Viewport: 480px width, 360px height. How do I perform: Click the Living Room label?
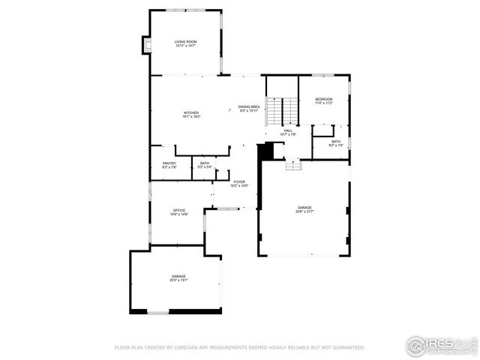coord(185,43)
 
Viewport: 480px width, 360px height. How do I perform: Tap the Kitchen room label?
coord(190,115)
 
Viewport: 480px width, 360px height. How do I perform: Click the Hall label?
coord(288,132)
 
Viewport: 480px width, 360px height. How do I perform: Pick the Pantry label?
coord(169,165)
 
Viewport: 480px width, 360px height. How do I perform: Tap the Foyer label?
coord(239,183)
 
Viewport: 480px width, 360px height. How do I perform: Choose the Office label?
coord(179,212)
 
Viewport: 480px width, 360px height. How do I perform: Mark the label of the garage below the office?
coord(178,278)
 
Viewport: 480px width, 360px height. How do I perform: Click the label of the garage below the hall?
coord(304,209)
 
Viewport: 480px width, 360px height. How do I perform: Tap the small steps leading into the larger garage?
coord(293,164)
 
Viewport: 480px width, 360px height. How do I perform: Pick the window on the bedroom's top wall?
coord(323,74)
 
